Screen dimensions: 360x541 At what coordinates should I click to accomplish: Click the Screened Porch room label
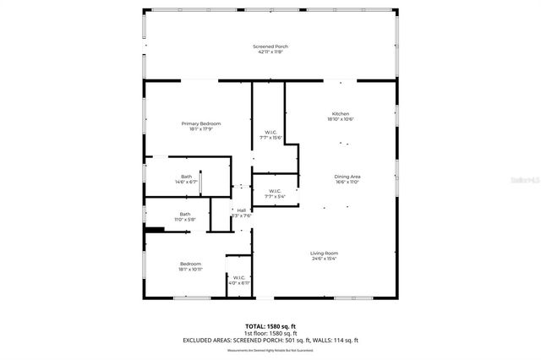point(270,46)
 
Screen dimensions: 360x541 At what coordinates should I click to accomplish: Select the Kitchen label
point(340,113)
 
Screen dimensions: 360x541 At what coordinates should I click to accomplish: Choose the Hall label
point(242,210)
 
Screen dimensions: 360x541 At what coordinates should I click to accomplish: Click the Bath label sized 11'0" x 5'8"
point(184,214)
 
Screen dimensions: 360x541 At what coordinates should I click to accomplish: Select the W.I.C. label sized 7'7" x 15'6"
point(270,132)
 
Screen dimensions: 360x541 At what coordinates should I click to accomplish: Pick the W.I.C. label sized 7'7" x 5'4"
point(275,191)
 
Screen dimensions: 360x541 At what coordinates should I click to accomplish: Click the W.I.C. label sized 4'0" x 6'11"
point(238,277)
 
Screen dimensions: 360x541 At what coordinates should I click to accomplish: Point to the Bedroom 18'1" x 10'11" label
point(190,264)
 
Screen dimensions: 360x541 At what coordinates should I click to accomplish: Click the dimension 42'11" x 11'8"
point(270,52)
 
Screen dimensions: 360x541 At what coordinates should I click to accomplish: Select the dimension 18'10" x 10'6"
point(340,119)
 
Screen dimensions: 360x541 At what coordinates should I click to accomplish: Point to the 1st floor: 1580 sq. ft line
point(270,333)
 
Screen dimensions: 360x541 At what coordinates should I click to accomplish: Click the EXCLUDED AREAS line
point(270,340)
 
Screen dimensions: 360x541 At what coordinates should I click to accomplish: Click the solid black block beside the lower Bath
point(154,227)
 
